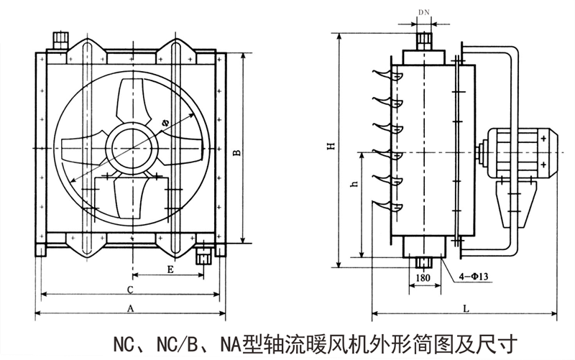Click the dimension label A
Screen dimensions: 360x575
coord(130,308)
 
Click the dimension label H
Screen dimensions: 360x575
coord(331,147)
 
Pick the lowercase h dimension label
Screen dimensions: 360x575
coord(353,185)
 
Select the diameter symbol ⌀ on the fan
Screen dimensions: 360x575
coord(165,124)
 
